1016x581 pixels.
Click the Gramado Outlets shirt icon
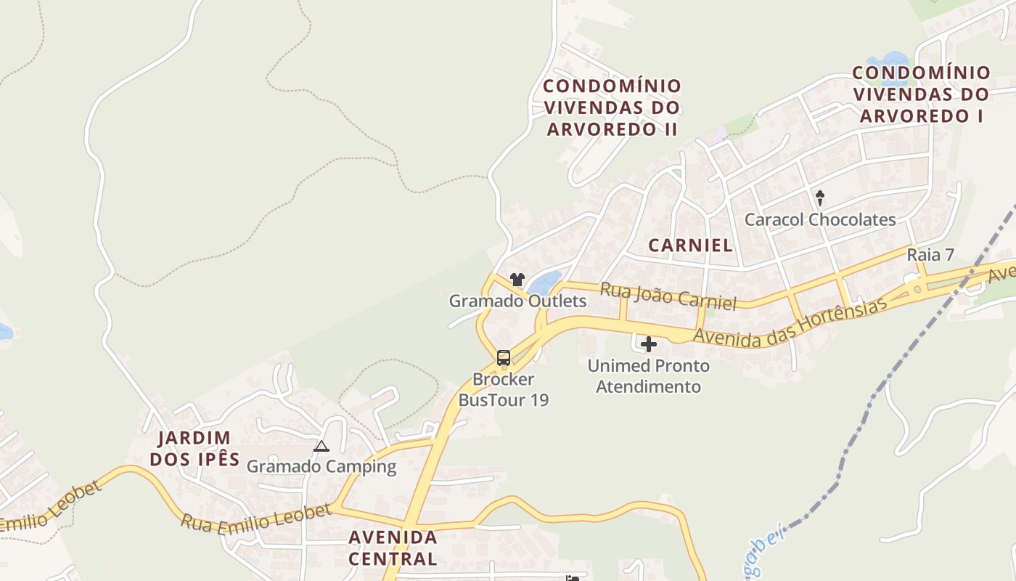coord(517,279)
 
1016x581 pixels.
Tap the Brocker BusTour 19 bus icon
coord(503,357)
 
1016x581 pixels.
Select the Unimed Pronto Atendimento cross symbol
coord(649,344)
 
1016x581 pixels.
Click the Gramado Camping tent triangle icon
coord(321,446)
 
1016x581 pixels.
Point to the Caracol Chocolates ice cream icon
coord(820,198)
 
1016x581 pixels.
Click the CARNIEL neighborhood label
coord(690,245)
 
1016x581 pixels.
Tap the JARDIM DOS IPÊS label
coord(194,448)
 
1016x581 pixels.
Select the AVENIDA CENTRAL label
coord(393,548)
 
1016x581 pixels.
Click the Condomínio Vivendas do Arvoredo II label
coord(613,107)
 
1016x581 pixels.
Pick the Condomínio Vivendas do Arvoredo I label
coord(921,94)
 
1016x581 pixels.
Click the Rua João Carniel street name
coord(668,296)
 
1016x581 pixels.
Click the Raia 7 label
coord(930,255)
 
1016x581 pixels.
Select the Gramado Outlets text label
coord(517,301)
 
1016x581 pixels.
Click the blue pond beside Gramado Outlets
coord(546,281)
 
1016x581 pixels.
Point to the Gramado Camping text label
coord(321,466)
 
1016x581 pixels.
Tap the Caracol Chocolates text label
coord(820,219)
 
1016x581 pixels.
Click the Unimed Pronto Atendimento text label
coord(649,376)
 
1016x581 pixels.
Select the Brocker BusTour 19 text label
coord(503,389)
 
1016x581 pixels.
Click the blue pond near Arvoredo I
coord(890,60)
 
